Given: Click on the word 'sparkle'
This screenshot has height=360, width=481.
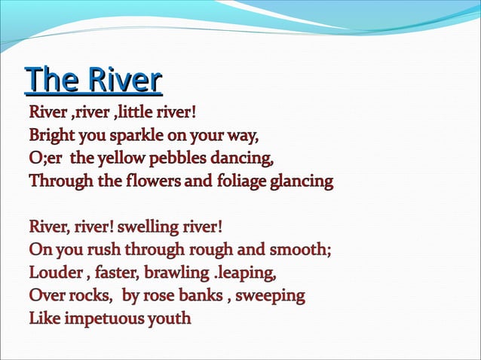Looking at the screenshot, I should coord(136,137).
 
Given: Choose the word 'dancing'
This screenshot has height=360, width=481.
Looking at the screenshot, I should coord(244,160).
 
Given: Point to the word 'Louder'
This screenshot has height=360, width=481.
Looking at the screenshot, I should coord(53,273).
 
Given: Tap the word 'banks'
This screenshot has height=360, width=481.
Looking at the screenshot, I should coord(198,295).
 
